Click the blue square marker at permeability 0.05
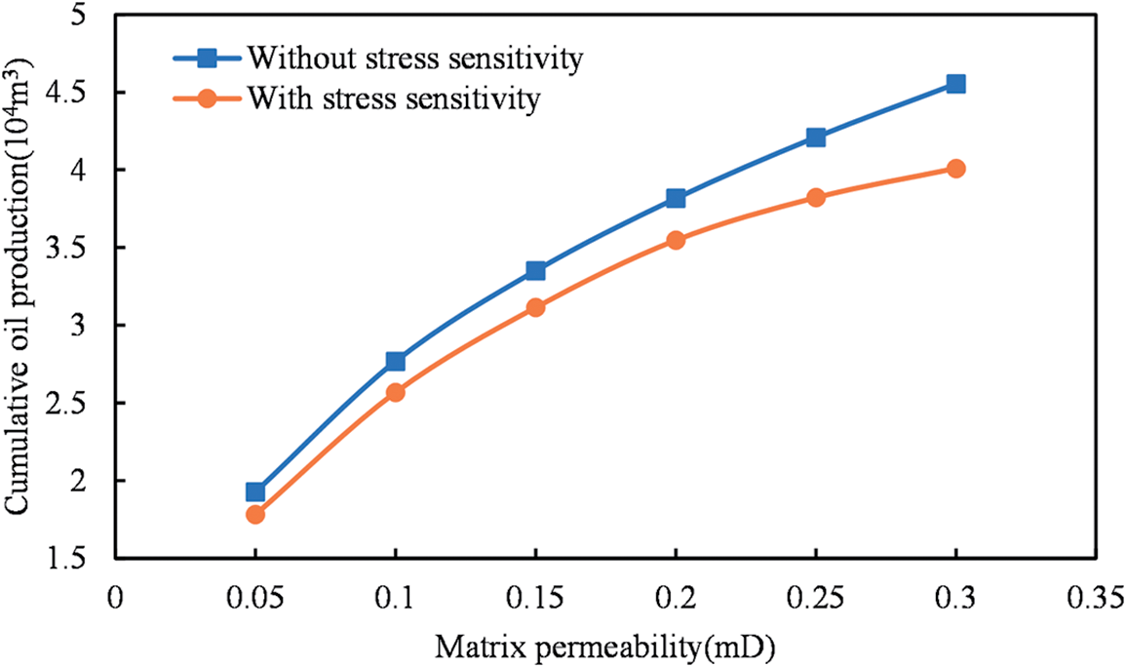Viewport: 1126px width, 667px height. click(255, 491)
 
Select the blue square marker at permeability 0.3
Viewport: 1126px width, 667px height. click(956, 84)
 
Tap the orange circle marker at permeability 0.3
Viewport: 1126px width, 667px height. click(956, 169)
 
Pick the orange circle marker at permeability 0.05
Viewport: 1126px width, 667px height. click(255, 514)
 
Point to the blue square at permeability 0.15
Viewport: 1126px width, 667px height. click(535, 270)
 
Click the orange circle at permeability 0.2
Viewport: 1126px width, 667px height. click(676, 240)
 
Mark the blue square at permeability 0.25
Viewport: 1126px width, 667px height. click(816, 137)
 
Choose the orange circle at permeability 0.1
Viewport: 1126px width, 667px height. click(396, 392)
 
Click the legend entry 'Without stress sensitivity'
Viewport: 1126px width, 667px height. click(414, 59)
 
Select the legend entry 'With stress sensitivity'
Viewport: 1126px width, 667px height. click(393, 98)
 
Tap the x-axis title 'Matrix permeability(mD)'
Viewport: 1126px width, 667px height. click(611, 646)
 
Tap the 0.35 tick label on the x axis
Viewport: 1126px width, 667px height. click(1096, 594)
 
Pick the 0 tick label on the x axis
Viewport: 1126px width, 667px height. click(115, 594)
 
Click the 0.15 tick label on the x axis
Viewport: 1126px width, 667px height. click(535, 594)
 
